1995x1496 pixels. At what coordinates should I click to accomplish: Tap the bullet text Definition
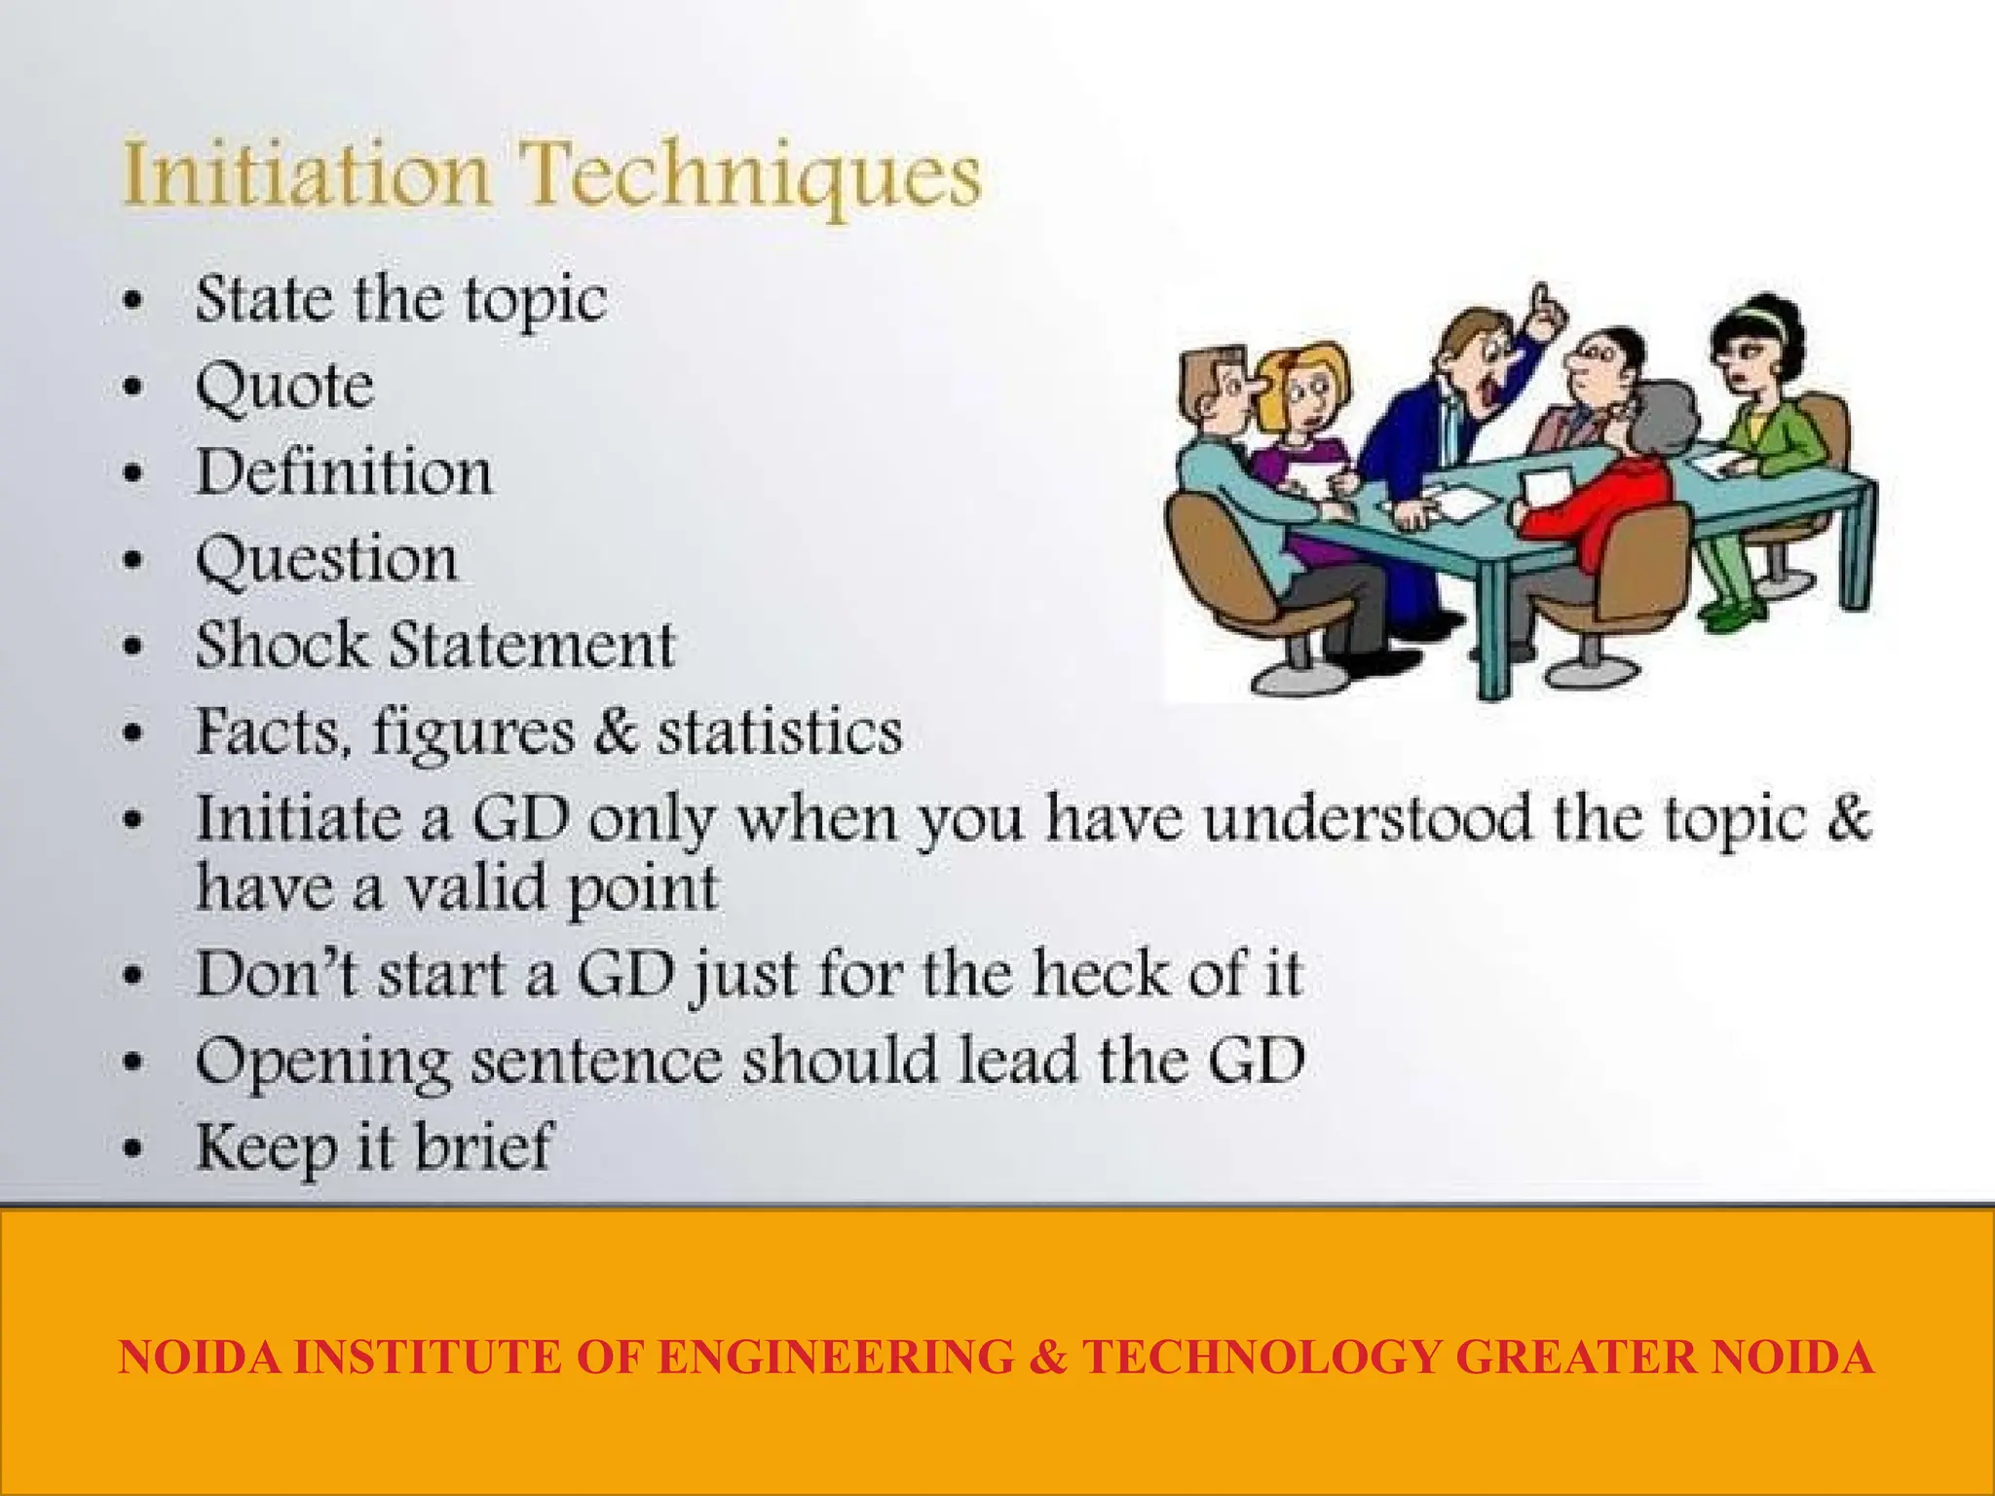click(344, 472)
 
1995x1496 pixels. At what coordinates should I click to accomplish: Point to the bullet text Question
click(326, 561)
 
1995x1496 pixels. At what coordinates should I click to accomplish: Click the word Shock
click(282, 645)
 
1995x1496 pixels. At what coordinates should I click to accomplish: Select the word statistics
click(779, 731)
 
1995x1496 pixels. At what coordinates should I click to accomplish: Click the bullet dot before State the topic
click(133, 301)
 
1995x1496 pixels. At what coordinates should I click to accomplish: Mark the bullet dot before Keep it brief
click(133, 1148)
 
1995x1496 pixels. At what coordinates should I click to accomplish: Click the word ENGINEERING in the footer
click(836, 1357)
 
